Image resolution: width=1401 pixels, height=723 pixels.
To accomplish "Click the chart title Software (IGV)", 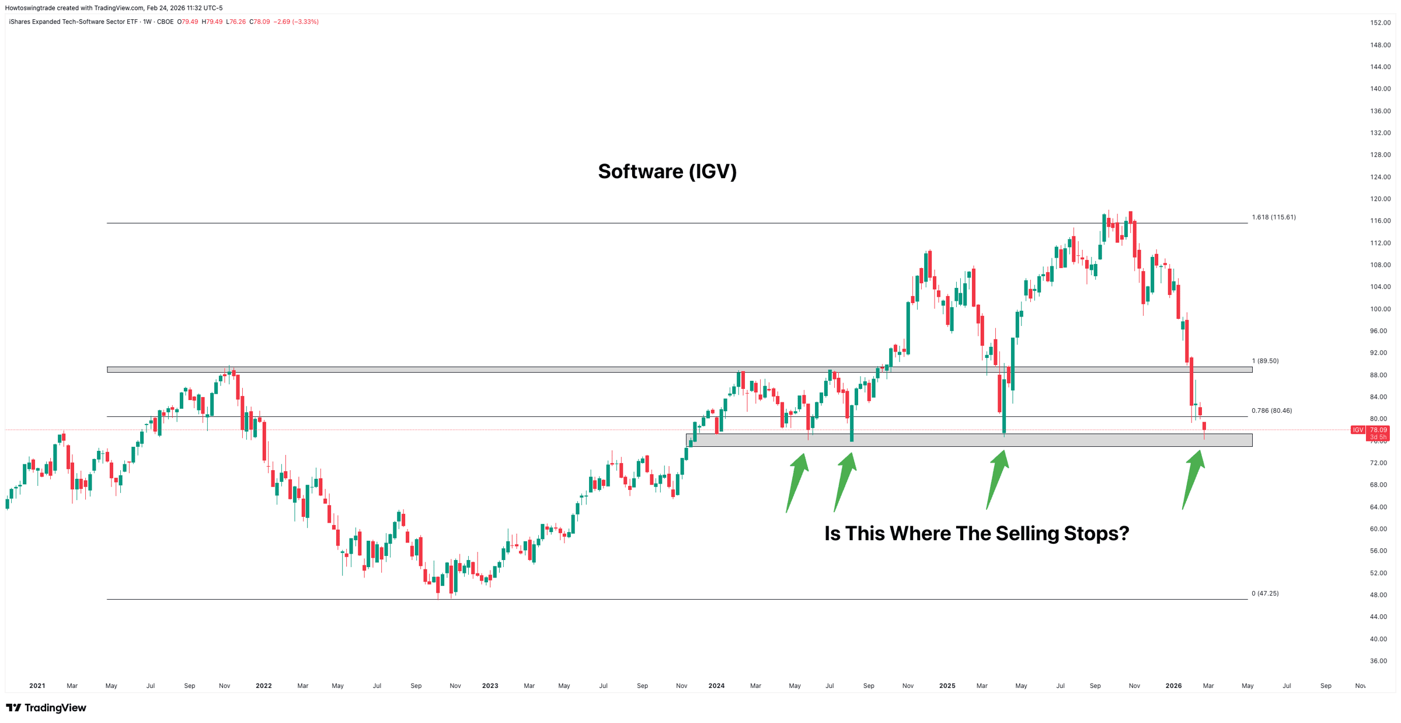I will click(667, 172).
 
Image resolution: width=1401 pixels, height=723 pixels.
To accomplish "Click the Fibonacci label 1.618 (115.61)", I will click(1273, 217).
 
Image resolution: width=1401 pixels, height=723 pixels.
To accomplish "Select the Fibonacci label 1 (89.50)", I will click(1265, 361).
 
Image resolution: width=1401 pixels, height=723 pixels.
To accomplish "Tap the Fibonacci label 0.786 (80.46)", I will click(1271, 411).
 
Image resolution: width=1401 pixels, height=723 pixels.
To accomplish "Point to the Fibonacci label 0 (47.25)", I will click(1265, 593).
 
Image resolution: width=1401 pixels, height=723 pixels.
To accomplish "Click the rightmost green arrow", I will click(1193, 479).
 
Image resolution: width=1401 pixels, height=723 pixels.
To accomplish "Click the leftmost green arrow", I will click(797, 482).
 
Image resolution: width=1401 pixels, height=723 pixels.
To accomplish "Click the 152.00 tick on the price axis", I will click(1380, 23).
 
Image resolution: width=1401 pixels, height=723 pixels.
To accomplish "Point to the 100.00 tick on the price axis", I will click(1380, 309).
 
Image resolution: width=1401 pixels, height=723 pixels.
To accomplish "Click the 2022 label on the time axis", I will click(263, 686).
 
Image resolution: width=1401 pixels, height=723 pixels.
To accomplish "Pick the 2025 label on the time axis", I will click(947, 686).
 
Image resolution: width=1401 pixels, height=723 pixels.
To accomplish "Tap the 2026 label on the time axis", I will click(1173, 686).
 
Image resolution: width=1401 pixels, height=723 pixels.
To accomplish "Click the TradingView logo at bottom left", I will click(46, 708).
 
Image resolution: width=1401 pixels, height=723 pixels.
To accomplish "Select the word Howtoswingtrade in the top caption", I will click(29, 8).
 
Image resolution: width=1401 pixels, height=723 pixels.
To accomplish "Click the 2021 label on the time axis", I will click(37, 686).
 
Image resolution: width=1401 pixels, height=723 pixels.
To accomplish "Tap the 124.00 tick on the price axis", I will click(1380, 177).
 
